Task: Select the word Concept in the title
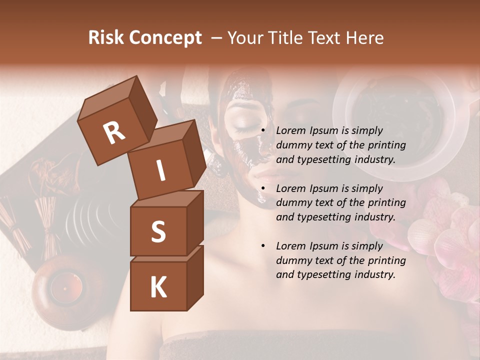[x=166, y=38]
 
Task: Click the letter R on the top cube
[x=114, y=132]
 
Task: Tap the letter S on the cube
[x=158, y=231]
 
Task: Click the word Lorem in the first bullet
[x=290, y=131]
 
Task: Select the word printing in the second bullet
[x=387, y=203]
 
